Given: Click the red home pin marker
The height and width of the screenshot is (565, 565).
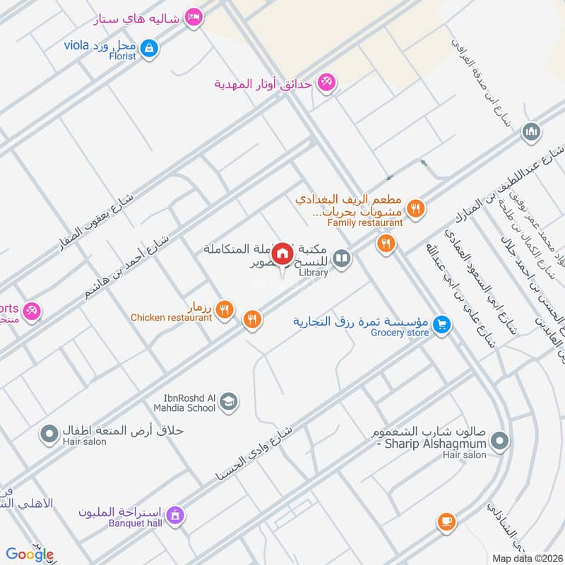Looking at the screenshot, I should [x=282, y=253].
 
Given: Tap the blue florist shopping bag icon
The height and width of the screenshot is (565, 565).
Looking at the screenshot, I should [x=149, y=48].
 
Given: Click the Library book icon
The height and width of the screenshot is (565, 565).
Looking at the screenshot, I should [x=342, y=259].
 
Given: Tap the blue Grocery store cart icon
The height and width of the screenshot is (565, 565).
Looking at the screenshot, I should [x=442, y=324].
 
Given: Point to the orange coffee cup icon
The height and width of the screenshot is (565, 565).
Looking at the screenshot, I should [x=445, y=522].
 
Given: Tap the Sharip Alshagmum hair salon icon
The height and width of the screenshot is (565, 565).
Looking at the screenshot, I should [x=499, y=442].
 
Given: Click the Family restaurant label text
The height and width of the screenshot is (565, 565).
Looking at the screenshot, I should [x=364, y=222].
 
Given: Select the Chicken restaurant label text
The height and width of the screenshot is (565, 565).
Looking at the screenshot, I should [x=171, y=318].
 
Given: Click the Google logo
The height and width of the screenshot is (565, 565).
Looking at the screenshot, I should [x=30, y=554].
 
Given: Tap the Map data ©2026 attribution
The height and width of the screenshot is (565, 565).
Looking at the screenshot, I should [x=527, y=558].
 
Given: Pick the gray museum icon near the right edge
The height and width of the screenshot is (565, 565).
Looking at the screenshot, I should [x=530, y=131].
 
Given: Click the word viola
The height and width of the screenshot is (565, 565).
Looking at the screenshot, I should [x=76, y=45].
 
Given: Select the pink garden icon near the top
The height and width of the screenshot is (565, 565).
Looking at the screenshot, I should [x=326, y=83].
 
